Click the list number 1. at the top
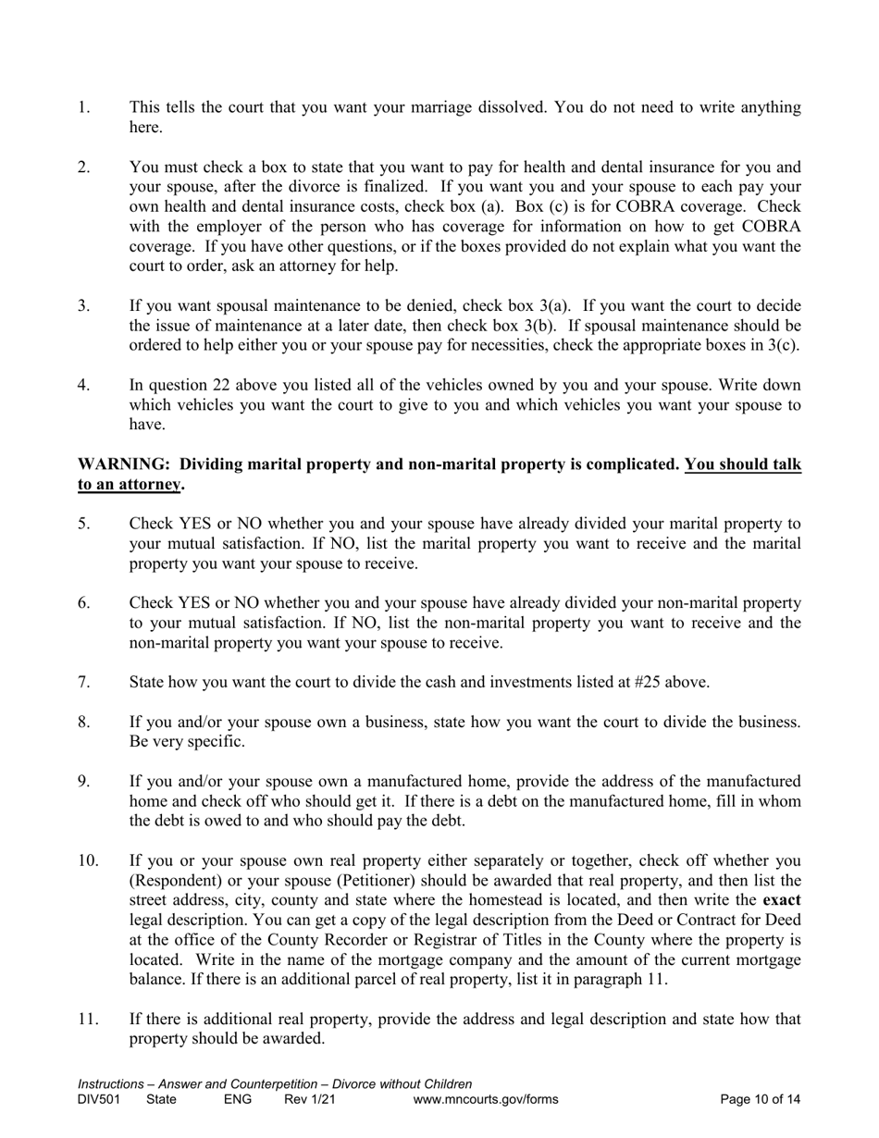pos(83,107)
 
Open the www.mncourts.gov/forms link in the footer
pos(486,1099)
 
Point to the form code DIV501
pos(100,1099)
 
